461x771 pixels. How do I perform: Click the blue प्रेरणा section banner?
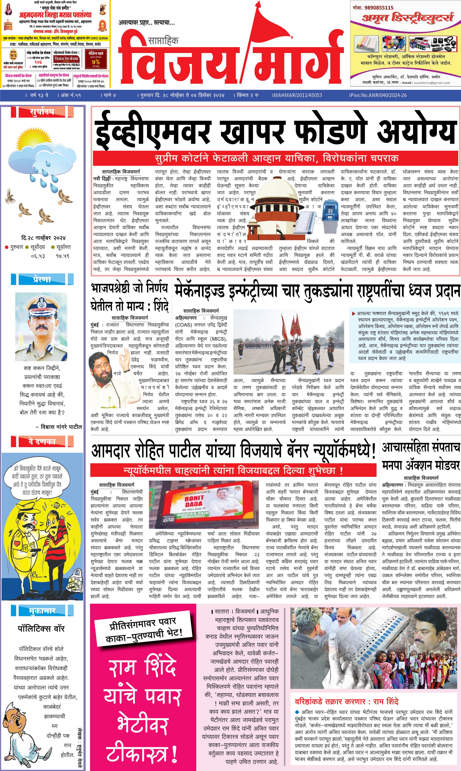(x=42, y=279)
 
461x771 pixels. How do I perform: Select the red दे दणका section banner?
(x=42, y=441)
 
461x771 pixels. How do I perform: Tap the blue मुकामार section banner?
(x=42, y=611)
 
